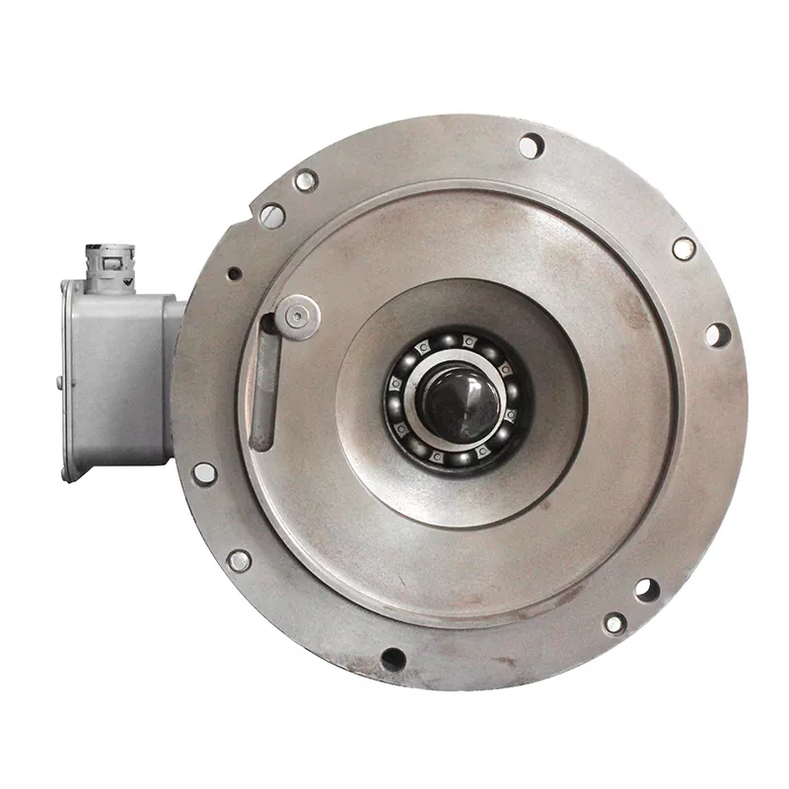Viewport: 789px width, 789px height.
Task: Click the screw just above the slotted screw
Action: point(306,180)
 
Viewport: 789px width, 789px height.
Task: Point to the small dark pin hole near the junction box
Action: point(234,273)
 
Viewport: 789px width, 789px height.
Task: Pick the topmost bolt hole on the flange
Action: point(531,146)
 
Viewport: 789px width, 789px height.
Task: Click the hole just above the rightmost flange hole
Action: point(683,248)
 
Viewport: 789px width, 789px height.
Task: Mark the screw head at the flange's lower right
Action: point(614,622)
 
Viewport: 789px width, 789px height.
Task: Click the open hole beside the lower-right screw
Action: point(645,591)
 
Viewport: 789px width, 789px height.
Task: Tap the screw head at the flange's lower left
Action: point(239,560)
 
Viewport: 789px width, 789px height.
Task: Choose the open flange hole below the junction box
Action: point(204,472)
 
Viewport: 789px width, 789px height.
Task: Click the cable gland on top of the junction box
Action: point(105,260)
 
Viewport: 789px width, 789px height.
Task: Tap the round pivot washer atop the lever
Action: point(297,317)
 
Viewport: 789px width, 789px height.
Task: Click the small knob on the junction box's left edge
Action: point(60,383)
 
